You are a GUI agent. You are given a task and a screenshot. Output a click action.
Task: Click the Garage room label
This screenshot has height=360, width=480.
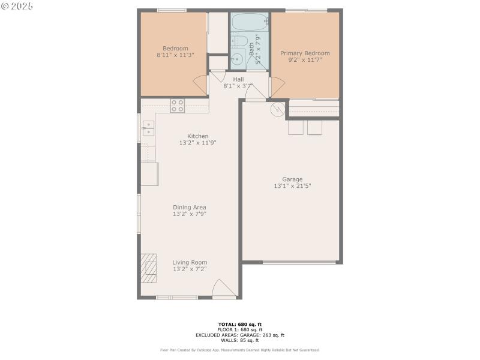point(293,179)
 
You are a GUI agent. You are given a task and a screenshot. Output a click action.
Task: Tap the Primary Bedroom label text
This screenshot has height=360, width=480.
point(305,53)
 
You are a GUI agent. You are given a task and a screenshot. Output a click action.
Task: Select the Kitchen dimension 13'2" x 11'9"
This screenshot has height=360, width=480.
point(197,143)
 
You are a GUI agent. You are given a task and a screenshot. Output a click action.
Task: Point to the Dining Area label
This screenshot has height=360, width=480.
point(190,207)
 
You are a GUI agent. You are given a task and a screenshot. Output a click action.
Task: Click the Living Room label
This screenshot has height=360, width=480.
point(190,262)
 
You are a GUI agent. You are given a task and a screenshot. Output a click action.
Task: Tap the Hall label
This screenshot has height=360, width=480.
point(238,79)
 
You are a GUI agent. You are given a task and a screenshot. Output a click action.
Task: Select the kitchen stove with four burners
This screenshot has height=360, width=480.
point(178,106)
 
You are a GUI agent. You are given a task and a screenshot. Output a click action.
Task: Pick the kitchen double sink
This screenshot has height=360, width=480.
point(148,128)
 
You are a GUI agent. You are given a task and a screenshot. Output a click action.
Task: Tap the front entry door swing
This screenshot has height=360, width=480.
point(223,289)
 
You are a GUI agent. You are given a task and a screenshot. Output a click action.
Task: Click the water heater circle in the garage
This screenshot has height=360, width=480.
point(277,109)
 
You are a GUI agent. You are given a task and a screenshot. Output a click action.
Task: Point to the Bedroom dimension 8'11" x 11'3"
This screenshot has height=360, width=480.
point(176,56)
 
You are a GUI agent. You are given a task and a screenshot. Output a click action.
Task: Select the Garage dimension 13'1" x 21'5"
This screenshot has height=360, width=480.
point(293,186)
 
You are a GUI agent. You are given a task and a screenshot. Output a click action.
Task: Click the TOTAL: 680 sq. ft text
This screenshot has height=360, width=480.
point(240,324)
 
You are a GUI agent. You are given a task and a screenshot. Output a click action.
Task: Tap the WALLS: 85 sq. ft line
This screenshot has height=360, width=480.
point(240,340)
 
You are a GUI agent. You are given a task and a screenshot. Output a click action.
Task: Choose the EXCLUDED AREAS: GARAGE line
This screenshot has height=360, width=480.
point(240,335)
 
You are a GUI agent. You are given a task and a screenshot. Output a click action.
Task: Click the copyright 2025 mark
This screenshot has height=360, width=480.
point(17,6)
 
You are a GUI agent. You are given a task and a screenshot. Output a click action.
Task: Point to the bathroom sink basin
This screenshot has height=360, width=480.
point(237,59)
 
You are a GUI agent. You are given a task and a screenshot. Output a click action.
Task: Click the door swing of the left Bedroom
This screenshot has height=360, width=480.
point(200,85)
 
